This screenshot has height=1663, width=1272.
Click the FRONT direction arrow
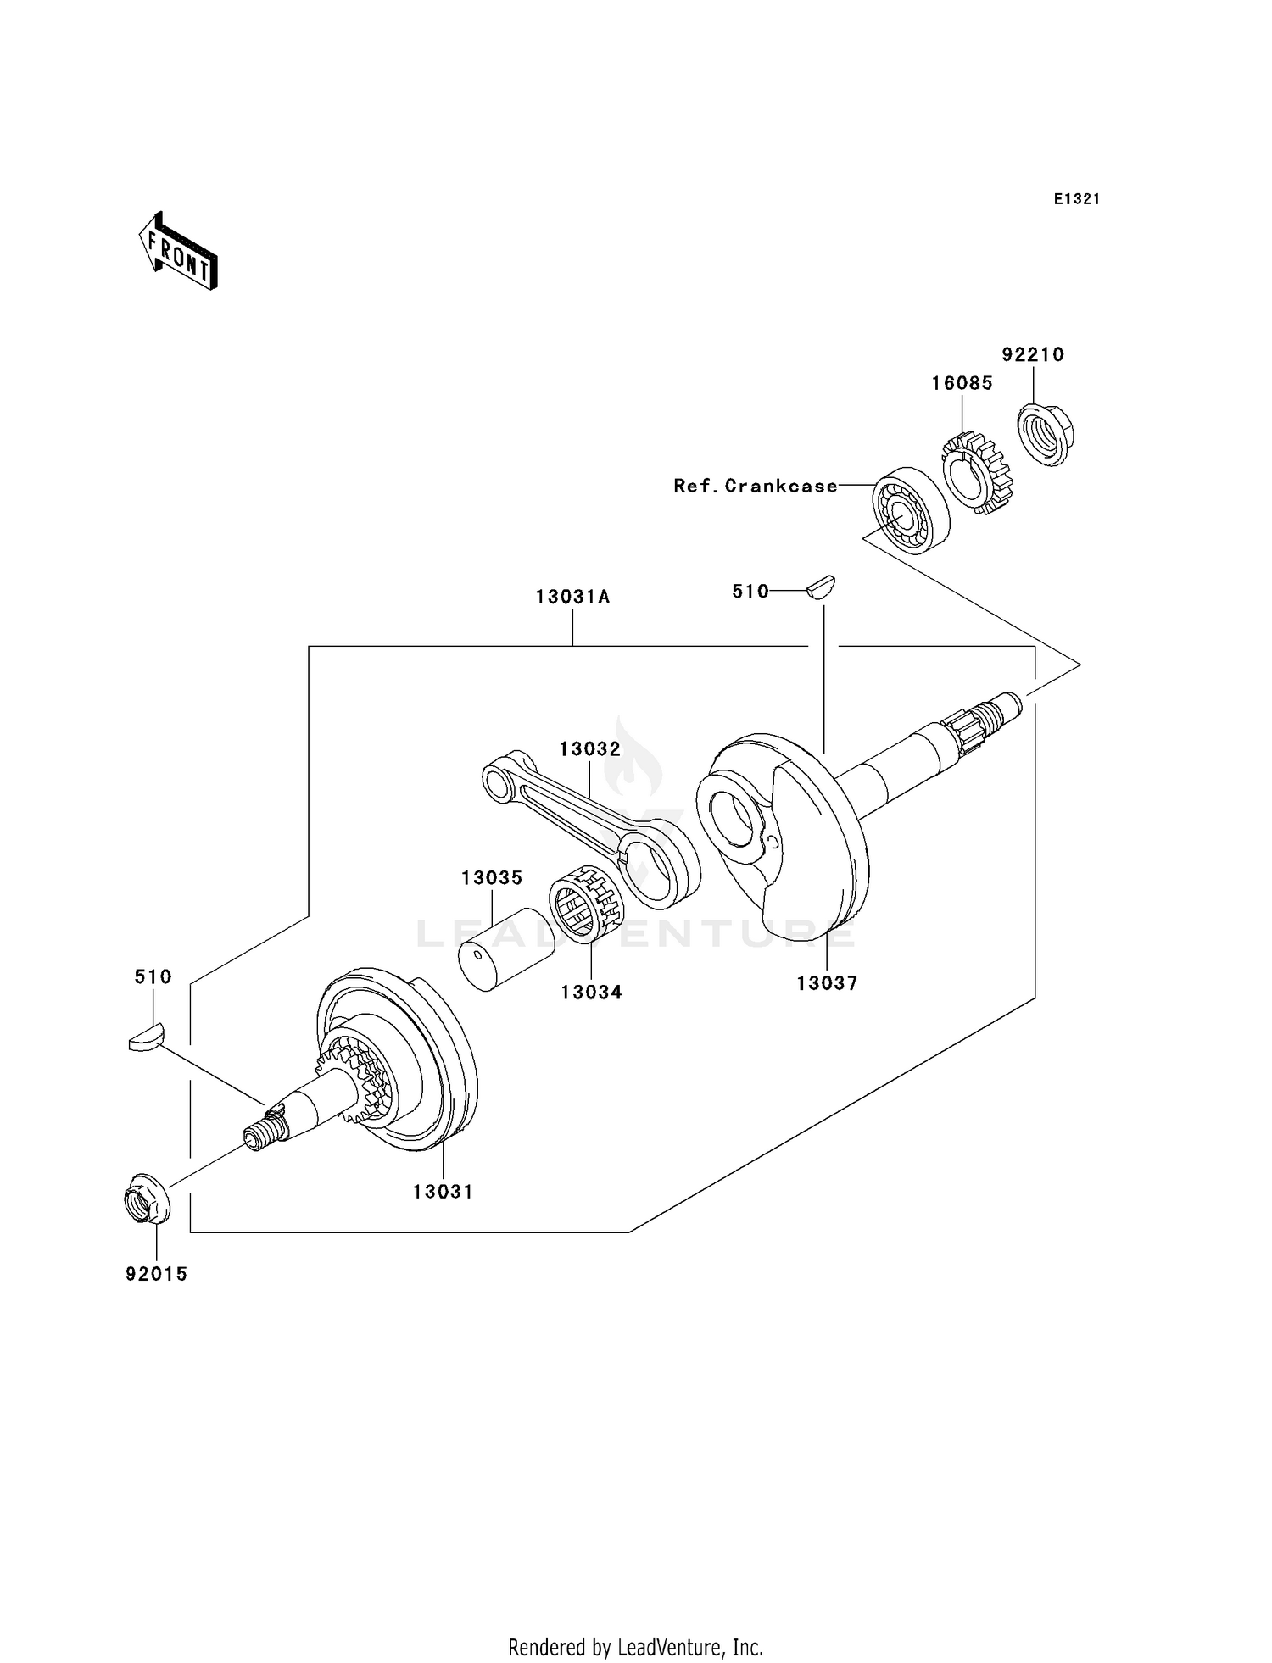click(x=177, y=252)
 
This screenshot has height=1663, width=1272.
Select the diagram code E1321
click(x=1077, y=199)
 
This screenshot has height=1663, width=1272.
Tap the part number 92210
click(x=1033, y=355)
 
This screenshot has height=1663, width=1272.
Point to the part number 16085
click(x=962, y=383)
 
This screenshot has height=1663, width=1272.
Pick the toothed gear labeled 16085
click(x=978, y=473)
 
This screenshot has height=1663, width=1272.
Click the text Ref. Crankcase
click(x=756, y=487)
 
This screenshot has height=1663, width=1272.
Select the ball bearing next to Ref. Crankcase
click(x=911, y=510)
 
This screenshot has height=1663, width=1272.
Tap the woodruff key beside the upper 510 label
click(x=821, y=587)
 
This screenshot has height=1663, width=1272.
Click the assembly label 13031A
click(x=572, y=597)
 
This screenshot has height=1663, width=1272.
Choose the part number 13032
click(x=589, y=749)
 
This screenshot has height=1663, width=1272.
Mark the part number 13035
click(x=492, y=878)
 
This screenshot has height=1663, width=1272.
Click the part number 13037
click(x=827, y=983)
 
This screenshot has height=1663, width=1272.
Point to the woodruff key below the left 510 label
click(x=146, y=1037)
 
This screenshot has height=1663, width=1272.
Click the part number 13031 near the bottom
click(x=443, y=1192)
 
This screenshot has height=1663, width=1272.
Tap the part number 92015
click(x=156, y=1274)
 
